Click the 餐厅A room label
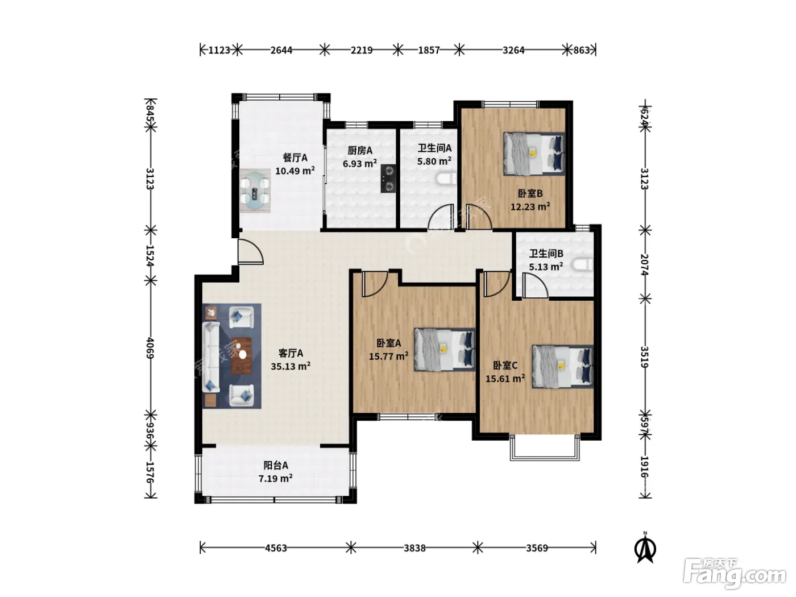(295, 158)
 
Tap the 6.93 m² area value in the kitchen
(360, 164)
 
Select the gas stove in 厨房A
(388, 179)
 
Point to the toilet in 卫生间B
(583, 264)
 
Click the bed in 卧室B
(534, 154)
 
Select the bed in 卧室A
(445, 350)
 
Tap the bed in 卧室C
(562, 367)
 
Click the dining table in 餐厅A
(255, 190)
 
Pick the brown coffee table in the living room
(241, 355)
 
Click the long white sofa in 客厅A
(211, 357)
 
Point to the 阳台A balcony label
(276, 465)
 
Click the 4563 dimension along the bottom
(276, 548)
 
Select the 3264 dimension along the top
(513, 50)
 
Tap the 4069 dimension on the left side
(150, 348)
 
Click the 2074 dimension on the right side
(644, 264)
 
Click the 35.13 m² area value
(291, 366)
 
